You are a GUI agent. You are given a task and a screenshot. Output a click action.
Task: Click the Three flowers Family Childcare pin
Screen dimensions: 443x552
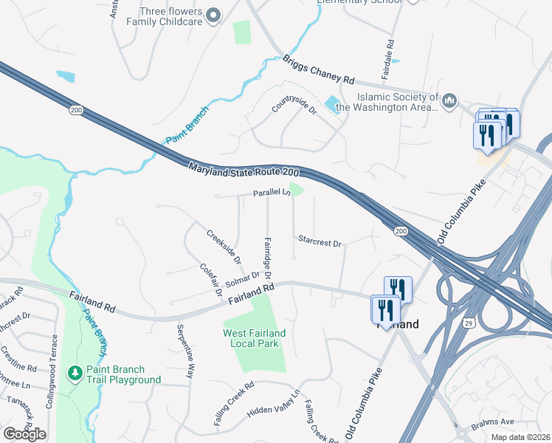tap(214, 15)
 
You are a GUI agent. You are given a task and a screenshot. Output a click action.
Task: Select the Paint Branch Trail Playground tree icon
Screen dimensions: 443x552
tap(74, 374)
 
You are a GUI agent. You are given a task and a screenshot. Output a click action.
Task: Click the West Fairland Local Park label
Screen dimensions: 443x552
tap(255, 338)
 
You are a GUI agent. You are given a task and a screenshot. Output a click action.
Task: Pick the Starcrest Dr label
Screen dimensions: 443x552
tap(320, 241)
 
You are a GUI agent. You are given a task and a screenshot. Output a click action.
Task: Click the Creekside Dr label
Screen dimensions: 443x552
tap(224, 247)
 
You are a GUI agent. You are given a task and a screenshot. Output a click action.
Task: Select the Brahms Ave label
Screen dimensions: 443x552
tap(492, 422)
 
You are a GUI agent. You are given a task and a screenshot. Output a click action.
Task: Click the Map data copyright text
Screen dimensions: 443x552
tap(520, 437)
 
